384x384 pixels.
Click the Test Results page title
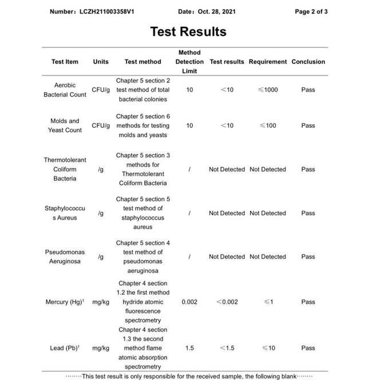188,31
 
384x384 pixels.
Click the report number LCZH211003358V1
92,11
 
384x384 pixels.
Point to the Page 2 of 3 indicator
311,11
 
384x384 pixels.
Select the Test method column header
142,62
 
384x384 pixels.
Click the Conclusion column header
308,62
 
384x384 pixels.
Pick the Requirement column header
268,62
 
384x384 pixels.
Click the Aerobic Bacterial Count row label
65,90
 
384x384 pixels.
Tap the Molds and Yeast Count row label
65,125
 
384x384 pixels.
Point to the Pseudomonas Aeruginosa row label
65,256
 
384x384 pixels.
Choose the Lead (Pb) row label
65,348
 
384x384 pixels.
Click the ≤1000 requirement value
268,90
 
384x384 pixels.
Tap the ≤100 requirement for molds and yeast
268,125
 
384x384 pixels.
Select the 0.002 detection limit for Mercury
189,302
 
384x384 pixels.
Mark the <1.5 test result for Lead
227,348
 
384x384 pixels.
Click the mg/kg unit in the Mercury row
101,302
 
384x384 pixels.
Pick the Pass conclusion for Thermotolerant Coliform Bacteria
308,169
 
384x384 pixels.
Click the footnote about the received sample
189,376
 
